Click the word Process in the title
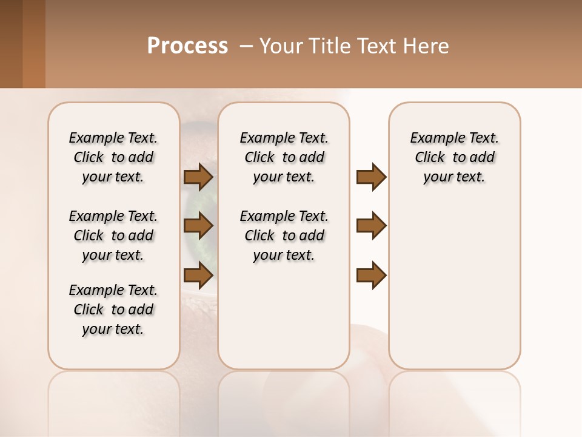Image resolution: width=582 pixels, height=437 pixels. [187, 46]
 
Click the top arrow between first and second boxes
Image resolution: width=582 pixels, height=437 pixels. [198, 177]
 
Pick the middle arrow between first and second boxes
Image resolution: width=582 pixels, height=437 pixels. [198, 226]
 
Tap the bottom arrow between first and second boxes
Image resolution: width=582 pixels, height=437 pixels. [198, 276]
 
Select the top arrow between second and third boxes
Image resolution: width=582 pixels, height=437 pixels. [371, 177]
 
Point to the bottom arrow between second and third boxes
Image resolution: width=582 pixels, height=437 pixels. [371, 276]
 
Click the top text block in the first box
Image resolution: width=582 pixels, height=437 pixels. [113, 157]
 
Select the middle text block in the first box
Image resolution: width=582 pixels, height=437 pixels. [113, 235]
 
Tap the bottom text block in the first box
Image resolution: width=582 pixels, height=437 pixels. [113, 310]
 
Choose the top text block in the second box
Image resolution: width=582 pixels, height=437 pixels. [284, 157]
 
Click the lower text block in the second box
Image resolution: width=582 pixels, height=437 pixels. [284, 235]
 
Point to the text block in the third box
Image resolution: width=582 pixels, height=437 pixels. [454, 157]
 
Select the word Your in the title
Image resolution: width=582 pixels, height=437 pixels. [281, 46]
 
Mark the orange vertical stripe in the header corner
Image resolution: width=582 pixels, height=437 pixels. [34, 44]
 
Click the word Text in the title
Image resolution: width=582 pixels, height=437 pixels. [376, 46]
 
